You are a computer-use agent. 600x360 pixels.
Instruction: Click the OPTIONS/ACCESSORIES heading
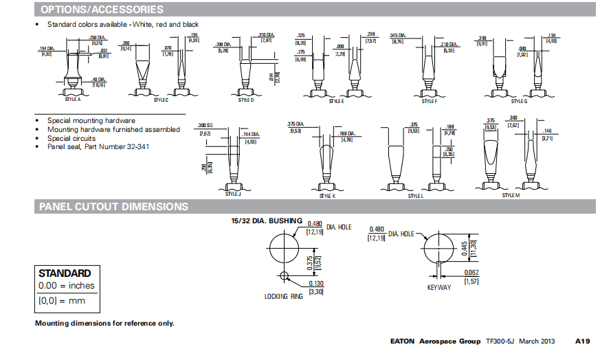tap(102, 10)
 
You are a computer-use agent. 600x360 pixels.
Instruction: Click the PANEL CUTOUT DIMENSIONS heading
tap(113, 206)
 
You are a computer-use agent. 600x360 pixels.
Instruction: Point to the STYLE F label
tap(428, 100)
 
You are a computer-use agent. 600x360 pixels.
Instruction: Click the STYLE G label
tap(520, 100)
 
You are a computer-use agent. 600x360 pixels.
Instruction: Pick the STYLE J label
tap(233, 194)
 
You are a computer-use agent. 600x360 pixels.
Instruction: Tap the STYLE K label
tap(327, 196)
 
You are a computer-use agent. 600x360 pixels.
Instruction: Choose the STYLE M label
tap(510, 195)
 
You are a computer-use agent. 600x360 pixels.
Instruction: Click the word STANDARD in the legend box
tap(65, 273)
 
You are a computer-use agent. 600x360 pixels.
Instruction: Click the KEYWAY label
tap(439, 287)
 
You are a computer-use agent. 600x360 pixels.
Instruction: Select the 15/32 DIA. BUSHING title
tap(267, 221)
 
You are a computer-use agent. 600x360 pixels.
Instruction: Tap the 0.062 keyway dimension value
tap(471, 273)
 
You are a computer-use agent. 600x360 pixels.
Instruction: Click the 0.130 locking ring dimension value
tap(315, 284)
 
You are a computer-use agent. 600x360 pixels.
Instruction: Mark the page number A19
tap(583, 341)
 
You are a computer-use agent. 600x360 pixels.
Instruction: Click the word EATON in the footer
tap(402, 341)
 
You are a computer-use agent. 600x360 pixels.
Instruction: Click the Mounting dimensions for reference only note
tap(104, 323)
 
